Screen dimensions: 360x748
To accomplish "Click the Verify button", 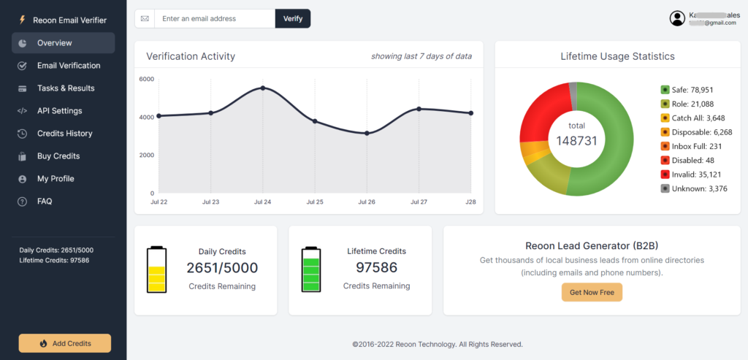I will [x=292, y=18].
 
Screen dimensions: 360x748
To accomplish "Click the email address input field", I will [x=214, y=18].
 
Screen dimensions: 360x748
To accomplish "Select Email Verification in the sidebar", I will [x=69, y=66].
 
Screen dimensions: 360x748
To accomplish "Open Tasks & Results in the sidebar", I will [x=66, y=88].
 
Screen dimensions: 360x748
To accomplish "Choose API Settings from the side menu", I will [x=59, y=111].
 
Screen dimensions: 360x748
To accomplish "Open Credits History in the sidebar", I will [x=64, y=134].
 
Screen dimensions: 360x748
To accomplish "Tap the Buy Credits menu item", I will [x=58, y=156].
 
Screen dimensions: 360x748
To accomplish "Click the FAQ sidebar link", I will [x=45, y=202].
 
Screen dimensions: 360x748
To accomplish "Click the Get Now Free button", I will [x=592, y=292].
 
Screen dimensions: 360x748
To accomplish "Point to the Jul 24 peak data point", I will [x=263, y=88].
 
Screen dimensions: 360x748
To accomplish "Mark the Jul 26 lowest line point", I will [x=367, y=133].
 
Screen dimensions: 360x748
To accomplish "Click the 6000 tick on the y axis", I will [x=146, y=79].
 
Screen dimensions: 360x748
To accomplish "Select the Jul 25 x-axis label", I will [x=315, y=202].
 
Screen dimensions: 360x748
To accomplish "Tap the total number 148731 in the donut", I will [x=576, y=140].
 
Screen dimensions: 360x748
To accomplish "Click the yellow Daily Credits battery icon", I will [x=157, y=269].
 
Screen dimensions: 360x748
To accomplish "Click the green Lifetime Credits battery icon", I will [x=311, y=269].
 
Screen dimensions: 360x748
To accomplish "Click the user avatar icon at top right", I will [x=677, y=18].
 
